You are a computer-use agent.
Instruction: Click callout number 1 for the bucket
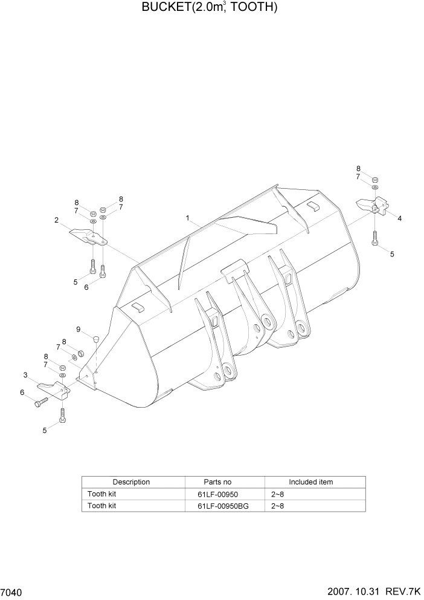(188, 218)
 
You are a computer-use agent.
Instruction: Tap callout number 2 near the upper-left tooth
(56, 221)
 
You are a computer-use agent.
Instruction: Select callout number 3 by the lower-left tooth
(25, 376)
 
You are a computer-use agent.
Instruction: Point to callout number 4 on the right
(399, 218)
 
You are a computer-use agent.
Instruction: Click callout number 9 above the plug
(78, 329)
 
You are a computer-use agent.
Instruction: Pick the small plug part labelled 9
(95, 337)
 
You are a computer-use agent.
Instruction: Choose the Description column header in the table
(131, 482)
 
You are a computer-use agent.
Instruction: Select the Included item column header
(310, 482)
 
